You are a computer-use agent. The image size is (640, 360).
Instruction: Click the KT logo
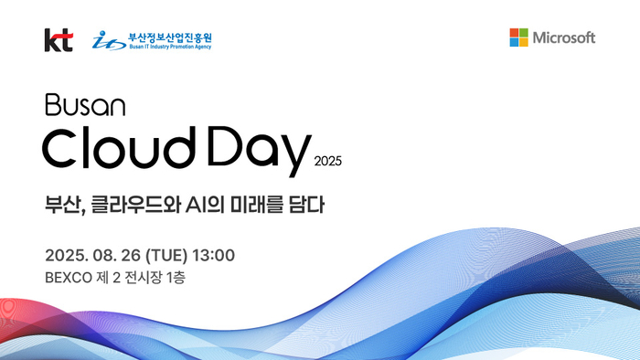pyautogui.click(x=58, y=39)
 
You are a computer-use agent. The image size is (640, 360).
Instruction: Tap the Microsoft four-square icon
pyautogui.click(x=518, y=37)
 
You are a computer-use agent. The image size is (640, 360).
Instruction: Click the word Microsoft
pyautogui.click(x=564, y=37)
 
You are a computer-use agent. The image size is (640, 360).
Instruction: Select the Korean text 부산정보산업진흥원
pyautogui.click(x=170, y=35)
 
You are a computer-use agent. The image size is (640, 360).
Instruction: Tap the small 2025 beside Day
pyautogui.click(x=327, y=162)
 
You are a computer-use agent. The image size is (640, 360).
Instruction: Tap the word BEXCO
pyautogui.click(x=66, y=276)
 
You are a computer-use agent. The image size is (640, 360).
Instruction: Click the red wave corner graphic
pyautogui.click(x=18, y=320)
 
